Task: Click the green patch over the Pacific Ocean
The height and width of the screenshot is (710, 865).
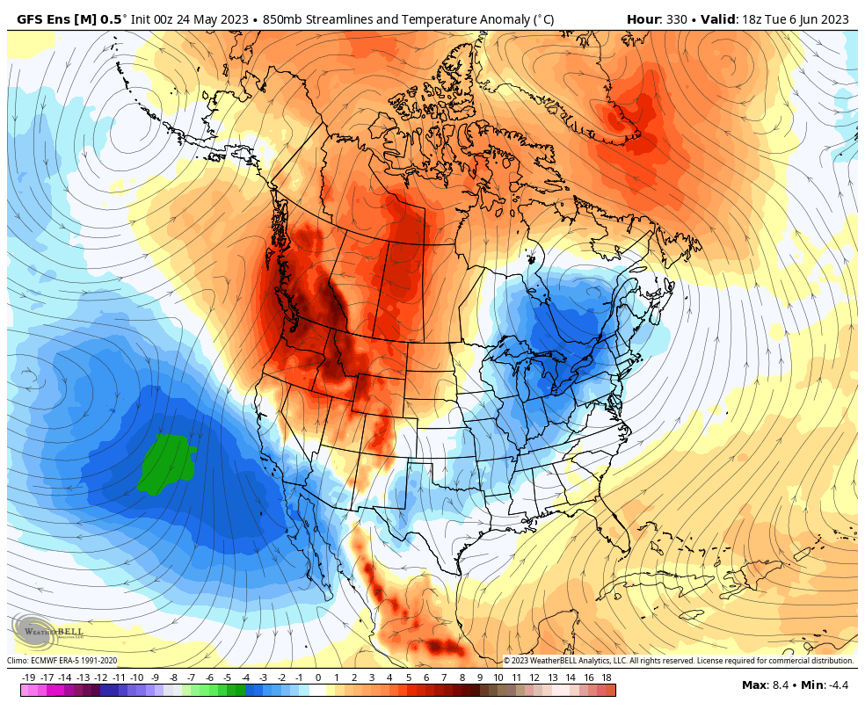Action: pyautogui.click(x=167, y=462)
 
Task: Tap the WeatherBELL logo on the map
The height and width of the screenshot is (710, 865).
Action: pyautogui.click(x=48, y=630)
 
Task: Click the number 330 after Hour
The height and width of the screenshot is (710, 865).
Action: pyautogui.click(x=680, y=19)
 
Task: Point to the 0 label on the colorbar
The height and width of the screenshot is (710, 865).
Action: pyautogui.click(x=317, y=677)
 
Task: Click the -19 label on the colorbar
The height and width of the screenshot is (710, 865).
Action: pyautogui.click(x=28, y=677)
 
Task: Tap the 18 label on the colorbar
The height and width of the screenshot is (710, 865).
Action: pyautogui.click(x=606, y=677)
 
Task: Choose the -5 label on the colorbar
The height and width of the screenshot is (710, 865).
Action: pyautogui.click(x=227, y=677)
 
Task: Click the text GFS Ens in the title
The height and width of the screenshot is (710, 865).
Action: pyautogui.click(x=43, y=19)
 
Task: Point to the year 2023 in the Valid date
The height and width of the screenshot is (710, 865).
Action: pyautogui.click(x=834, y=19)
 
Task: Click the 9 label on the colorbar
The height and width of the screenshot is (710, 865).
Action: pyautogui.click(x=480, y=677)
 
